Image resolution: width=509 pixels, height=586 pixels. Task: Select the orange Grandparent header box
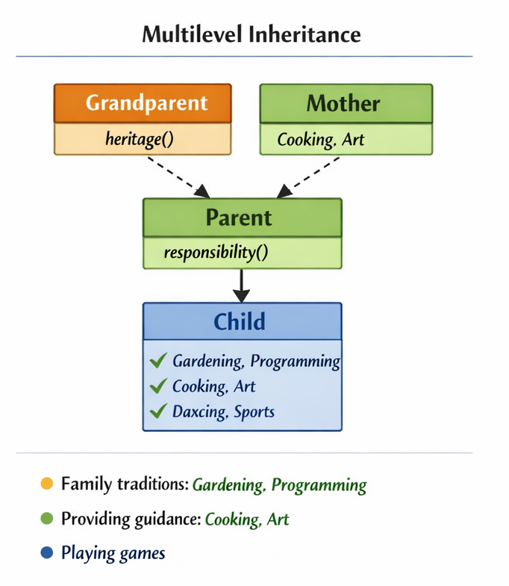point(143,103)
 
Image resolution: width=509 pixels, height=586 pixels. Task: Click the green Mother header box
point(346,103)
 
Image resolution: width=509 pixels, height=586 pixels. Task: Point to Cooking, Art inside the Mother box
point(321,139)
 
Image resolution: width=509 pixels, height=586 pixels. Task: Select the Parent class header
point(242,218)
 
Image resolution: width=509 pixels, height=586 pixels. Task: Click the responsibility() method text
point(216,253)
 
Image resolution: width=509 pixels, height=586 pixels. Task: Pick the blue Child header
point(242,321)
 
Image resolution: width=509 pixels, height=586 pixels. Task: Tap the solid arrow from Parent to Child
point(240,284)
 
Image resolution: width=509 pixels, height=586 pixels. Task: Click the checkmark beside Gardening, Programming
point(157,362)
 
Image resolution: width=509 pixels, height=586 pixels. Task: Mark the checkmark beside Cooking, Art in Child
point(157,386)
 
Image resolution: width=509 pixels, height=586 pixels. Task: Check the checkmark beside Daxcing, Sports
point(157,411)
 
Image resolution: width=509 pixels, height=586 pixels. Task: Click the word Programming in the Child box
point(296,362)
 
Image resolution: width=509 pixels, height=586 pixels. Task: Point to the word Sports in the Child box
point(254,412)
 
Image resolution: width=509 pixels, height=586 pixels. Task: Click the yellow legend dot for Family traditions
point(46,484)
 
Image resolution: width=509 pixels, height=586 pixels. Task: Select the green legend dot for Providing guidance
point(46,519)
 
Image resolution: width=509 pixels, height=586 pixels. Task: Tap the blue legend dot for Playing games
point(46,553)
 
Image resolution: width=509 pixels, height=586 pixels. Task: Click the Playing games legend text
point(113,553)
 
